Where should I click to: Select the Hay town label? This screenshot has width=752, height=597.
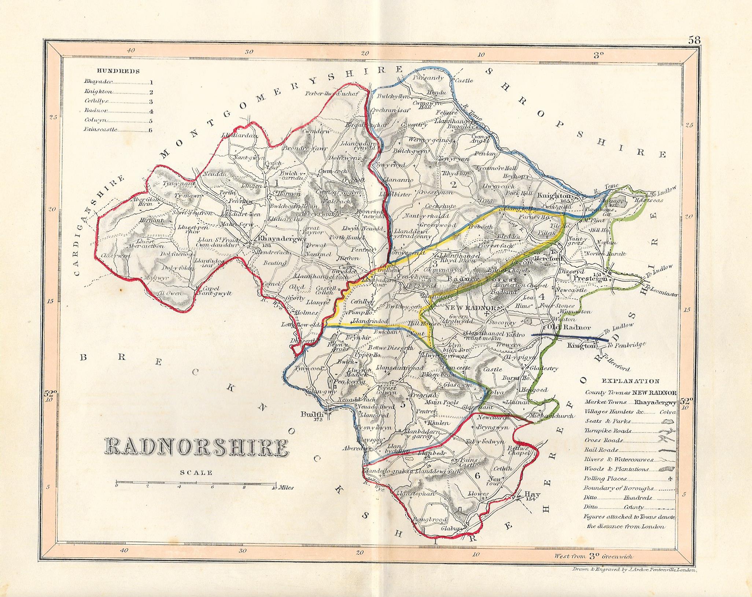click(x=530, y=493)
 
